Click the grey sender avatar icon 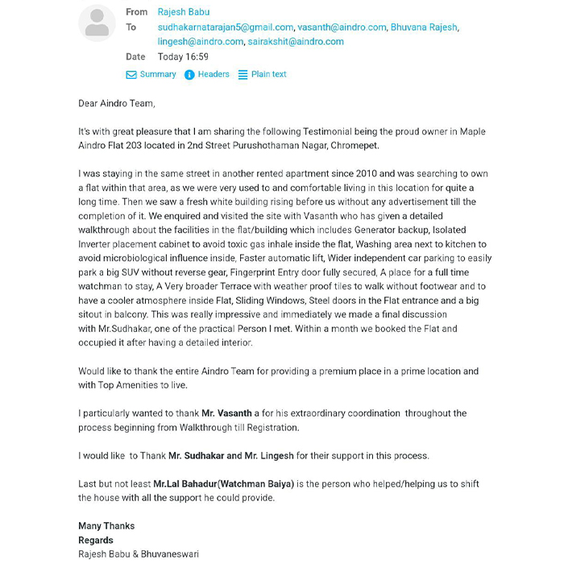[97, 23]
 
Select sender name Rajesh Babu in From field [185, 12]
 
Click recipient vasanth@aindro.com [342, 27]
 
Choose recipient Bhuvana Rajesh [424, 27]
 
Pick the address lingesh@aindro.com [200, 42]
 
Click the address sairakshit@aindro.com [297, 42]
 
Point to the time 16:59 [197, 57]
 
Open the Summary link [158, 74]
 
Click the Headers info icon [189, 75]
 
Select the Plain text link [268, 74]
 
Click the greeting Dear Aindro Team [116, 103]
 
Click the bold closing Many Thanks [106, 526]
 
